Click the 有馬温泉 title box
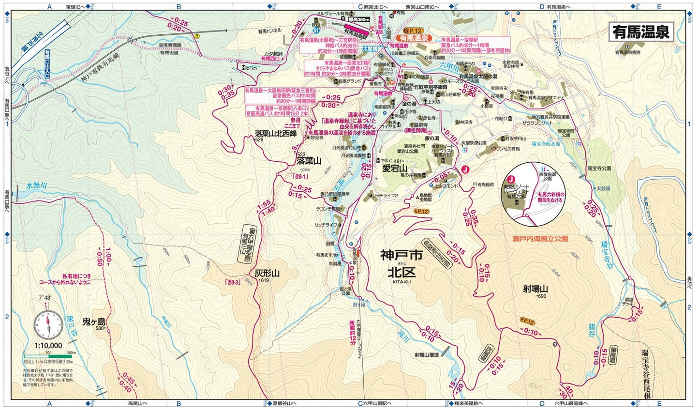[x=641, y=32]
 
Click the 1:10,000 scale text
[x=48, y=345]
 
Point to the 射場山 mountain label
[x=535, y=289]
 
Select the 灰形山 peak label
[x=267, y=273]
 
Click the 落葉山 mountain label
[x=309, y=161]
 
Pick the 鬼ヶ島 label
[x=94, y=322]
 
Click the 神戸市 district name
[x=401, y=255]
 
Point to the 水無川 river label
[x=36, y=185]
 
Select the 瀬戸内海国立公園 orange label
[x=540, y=239]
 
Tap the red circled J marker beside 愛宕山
[x=465, y=169]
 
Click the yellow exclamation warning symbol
[x=197, y=35]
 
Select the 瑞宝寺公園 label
[x=599, y=168]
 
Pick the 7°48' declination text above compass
[x=45, y=298]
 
